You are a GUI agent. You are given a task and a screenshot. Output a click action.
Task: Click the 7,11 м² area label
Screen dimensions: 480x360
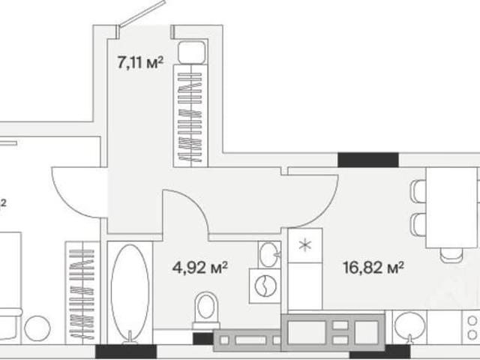[140, 63]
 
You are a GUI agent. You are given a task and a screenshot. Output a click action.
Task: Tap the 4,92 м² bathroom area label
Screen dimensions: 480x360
[200, 268]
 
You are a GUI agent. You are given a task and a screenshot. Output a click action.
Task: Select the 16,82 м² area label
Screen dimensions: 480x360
[373, 268]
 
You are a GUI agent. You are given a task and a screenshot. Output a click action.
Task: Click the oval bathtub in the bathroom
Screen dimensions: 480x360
[130, 292]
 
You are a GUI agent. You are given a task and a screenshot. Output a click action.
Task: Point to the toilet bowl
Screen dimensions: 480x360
[206, 310]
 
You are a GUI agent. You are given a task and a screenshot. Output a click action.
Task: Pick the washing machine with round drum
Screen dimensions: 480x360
[265, 286]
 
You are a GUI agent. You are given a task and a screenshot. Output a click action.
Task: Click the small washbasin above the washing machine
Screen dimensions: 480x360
[269, 255]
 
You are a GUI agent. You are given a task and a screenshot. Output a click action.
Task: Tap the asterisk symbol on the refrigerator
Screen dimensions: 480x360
[305, 245]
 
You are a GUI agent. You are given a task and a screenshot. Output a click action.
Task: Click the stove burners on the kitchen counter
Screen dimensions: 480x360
[473, 328]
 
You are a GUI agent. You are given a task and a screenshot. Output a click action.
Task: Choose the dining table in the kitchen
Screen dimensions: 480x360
[451, 208]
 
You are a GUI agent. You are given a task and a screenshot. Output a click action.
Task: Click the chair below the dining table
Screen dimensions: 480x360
[451, 255]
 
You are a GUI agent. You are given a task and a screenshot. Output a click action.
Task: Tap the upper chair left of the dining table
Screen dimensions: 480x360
[418, 191]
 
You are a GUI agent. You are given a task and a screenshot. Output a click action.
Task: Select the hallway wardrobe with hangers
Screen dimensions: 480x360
[190, 115]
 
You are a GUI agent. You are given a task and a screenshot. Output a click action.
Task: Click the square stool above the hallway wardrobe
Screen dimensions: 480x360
[192, 52]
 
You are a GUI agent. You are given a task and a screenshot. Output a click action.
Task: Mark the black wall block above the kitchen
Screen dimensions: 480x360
[368, 160]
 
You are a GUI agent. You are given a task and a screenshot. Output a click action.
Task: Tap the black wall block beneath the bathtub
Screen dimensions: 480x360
[126, 352]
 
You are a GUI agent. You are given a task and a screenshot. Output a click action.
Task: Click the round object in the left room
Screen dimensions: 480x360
[37, 328]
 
